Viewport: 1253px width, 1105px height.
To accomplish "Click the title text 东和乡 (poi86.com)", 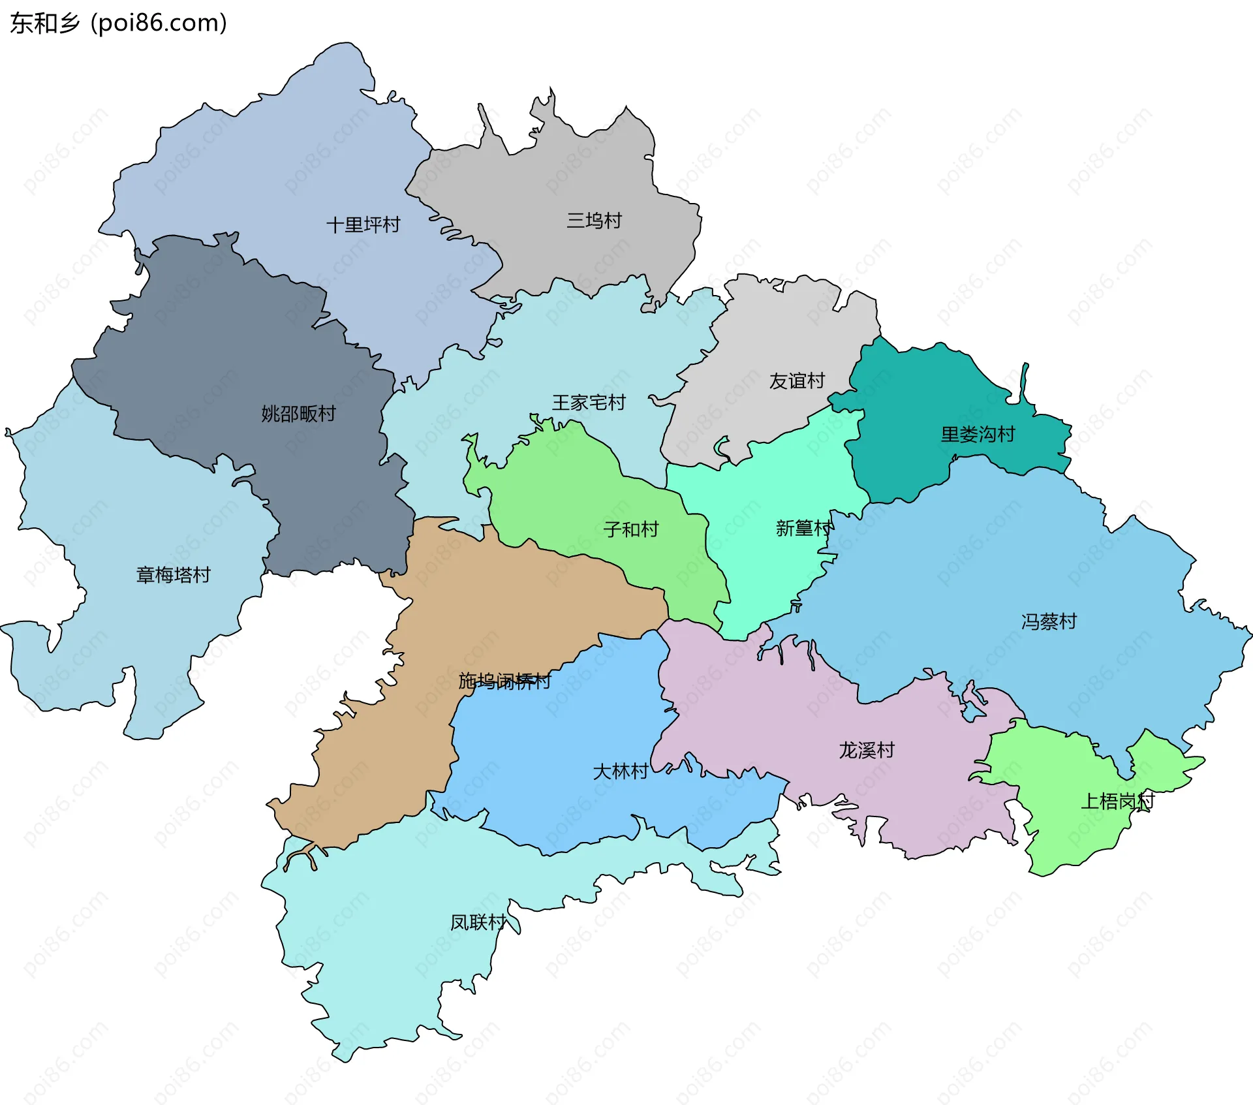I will click(118, 23).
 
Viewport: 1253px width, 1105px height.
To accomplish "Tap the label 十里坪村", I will click(363, 225).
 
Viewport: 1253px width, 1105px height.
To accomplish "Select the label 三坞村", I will click(594, 221).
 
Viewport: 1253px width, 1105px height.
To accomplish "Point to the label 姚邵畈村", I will click(298, 414).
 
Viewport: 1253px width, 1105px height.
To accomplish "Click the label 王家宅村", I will click(589, 403).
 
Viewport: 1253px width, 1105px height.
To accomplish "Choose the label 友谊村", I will click(797, 381).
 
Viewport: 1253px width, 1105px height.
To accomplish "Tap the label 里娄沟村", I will click(978, 435).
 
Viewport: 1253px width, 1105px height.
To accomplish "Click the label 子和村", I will click(631, 529).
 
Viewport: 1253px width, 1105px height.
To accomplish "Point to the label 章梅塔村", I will click(173, 575).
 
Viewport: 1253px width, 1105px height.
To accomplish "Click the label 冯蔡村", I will click(1049, 621).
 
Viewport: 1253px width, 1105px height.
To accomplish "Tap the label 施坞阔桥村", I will click(504, 681).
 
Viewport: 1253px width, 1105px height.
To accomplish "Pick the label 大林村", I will click(620, 771).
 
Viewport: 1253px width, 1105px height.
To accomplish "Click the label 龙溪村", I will click(867, 750).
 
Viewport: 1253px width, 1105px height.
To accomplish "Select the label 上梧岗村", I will click(1117, 801).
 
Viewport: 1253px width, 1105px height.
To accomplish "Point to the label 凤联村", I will click(478, 922).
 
